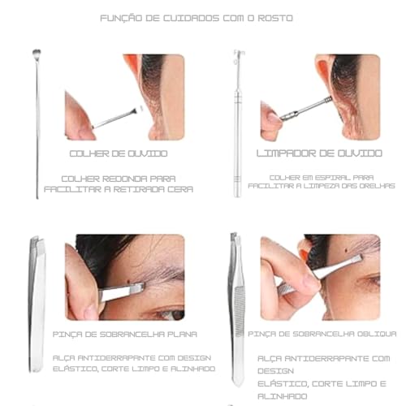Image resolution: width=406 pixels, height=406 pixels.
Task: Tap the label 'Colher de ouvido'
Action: coord(119,153)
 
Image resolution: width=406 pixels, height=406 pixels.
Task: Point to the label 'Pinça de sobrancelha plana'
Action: coord(125,334)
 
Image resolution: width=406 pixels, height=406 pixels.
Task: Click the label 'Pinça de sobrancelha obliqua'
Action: coord(322,334)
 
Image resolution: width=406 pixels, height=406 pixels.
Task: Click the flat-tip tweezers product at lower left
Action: coord(37,309)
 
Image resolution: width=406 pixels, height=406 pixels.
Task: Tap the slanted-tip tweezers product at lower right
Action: coord(236,309)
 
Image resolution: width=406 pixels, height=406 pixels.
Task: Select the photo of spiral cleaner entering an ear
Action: coord(320,97)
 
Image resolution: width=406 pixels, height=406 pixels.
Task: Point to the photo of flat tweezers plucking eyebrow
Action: coord(125,277)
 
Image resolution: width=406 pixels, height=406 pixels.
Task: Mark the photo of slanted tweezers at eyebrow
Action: coord(320,277)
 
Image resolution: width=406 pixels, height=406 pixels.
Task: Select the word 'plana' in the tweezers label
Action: coord(183,334)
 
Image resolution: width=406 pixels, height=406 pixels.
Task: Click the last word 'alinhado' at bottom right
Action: coord(284,397)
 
